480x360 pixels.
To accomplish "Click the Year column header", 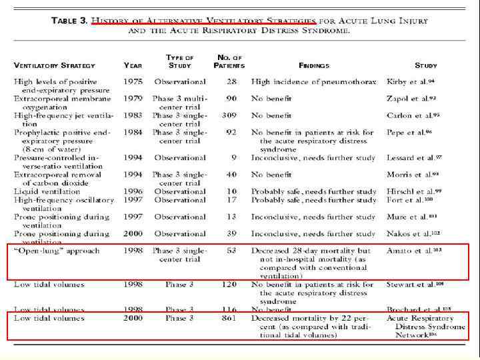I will [x=132, y=66].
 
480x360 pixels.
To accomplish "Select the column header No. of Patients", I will [x=229, y=62].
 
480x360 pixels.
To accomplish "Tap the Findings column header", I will [x=313, y=66].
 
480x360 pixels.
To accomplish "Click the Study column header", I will [x=426, y=66].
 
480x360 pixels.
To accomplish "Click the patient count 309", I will [x=229, y=115].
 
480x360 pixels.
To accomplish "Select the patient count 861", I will [x=229, y=319].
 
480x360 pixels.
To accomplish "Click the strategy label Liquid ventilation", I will [x=50, y=192].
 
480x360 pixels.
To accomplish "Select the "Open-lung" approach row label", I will [x=57, y=251].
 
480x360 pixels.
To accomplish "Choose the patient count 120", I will [x=229, y=285].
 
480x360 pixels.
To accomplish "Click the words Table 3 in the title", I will [x=69, y=21].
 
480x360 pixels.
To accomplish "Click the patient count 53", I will [x=231, y=251].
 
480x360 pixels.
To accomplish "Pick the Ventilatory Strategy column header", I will [x=55, y=66].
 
